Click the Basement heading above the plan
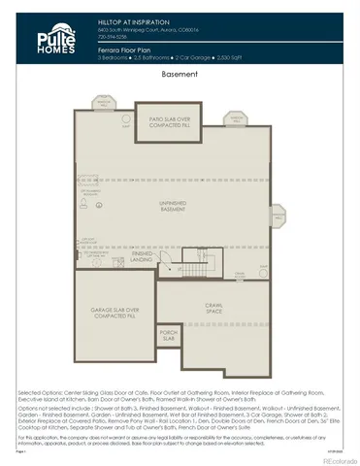pyautogui.click(x=180, y=74)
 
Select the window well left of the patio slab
pyautogui.click(x=103, y=102)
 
